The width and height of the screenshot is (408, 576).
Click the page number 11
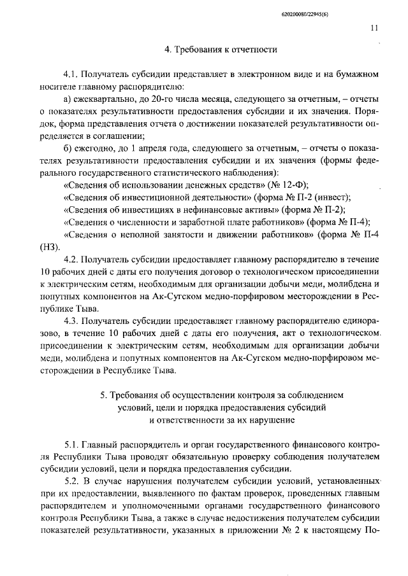pos(373,28)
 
